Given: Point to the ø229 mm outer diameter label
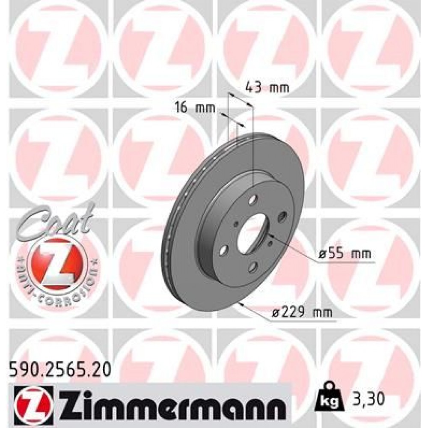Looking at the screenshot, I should pyautogui.click(x=302, y=313).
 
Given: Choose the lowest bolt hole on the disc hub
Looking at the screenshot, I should pyautogui.click(x=253, y=267).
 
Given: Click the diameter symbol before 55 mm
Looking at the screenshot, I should pyautogui.click(x=322, y=254).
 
